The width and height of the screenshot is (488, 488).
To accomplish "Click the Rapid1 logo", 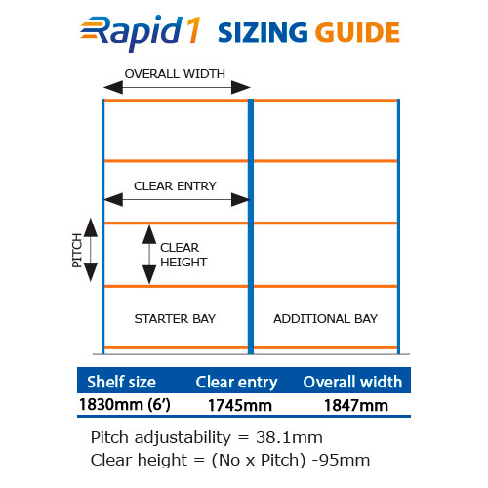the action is (x=140, y=32).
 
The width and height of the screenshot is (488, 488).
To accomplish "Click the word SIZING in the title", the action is (x=263, y=33).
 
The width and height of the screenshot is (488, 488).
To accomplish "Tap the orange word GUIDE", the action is (x=357, y=33).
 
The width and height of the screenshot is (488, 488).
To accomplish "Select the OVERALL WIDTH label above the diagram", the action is (x=175, y=74).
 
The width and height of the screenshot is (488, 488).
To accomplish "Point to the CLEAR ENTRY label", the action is (x=175, y=186).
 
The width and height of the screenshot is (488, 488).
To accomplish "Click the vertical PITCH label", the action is (x=77, y=251).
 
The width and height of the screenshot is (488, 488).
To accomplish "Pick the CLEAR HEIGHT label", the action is (x=183, y=255).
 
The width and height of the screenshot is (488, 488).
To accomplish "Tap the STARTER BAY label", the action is (x=175, y=319).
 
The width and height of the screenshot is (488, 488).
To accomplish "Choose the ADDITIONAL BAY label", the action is (x=325, y=319).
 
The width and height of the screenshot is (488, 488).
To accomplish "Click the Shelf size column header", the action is (x=121, y=382).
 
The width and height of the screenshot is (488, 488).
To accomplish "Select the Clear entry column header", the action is (x=236, y=382).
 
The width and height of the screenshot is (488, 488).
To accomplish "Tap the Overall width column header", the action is (x=352, y=382).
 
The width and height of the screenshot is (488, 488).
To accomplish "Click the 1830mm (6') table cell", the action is (x=125, y=405).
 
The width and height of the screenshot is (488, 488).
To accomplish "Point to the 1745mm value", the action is (x=240, y=405).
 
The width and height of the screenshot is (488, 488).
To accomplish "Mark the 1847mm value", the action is (x=356, y=405).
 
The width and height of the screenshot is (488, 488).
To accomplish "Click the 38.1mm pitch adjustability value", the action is (x=289, y=437).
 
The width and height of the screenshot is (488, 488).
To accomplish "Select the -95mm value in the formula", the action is (x=341, y=460).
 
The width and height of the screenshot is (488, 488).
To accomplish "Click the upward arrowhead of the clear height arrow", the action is (x=149, y=234).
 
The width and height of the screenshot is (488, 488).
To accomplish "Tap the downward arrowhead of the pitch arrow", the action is (x=91, y=272).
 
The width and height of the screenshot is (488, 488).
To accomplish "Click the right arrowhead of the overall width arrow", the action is (x=241, y=87).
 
